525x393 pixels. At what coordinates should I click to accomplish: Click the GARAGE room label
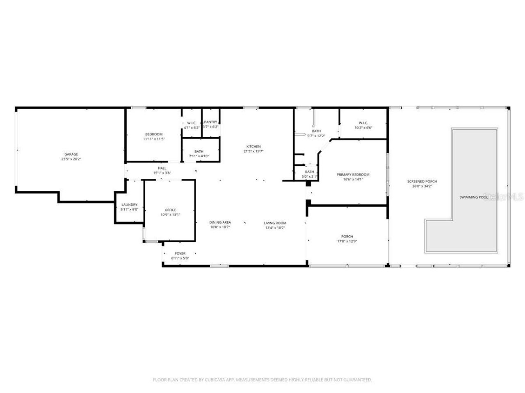(x=71, y=154)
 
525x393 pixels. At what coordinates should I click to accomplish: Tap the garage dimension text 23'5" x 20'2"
(x=71, y=159)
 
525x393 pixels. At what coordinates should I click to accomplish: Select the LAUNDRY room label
(x=129, y=205)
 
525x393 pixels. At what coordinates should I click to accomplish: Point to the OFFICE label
(x=170, y=210)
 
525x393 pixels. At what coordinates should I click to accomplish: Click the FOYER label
(x=180, y=253)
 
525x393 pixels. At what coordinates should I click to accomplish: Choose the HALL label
(x=162, y=168)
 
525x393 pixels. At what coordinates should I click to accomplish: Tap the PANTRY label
(x=210, y=122)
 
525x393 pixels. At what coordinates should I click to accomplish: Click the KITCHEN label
(x=253, y=147)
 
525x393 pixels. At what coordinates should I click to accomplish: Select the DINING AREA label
(x=220, y=222)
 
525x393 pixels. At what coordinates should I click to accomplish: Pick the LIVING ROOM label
(x=275, y=223)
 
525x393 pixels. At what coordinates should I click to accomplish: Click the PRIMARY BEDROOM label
(x=353, y=174)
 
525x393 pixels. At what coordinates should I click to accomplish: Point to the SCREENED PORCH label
(x=422, y=181)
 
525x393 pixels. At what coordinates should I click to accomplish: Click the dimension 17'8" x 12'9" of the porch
(x=347, y=241)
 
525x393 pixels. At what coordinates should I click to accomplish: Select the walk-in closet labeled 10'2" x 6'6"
(x=363, y=125)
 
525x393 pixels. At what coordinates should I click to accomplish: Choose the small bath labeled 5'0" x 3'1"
(x=309, y=174)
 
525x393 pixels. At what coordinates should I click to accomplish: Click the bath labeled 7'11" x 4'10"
(x=199, y=154)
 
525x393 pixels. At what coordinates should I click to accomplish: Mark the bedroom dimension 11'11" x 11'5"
(x=154, y=139)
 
